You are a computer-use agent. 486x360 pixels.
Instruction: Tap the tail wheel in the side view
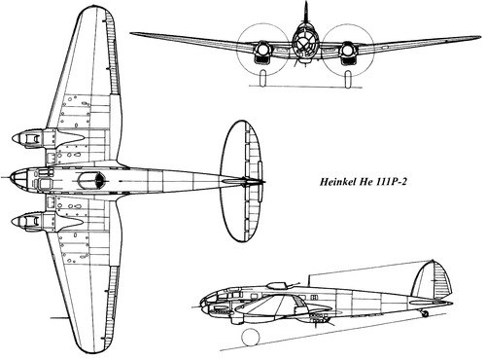coord(426,313)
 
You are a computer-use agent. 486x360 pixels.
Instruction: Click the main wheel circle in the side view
coord(251,338)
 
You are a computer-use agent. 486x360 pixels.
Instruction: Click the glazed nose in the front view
coord(305,42)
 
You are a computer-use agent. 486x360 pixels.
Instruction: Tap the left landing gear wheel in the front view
coord(263,79)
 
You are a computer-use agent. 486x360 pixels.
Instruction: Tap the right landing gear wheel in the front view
coord(348,79)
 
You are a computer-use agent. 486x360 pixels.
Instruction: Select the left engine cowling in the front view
coord(262,52)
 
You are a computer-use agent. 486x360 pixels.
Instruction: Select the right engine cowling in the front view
coord(348,52)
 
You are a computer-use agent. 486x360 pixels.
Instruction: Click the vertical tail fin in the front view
coord(305,13)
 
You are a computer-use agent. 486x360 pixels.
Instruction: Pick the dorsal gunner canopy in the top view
coord(91,180)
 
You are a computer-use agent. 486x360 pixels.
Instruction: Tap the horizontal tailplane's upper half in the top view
coord(242,149)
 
